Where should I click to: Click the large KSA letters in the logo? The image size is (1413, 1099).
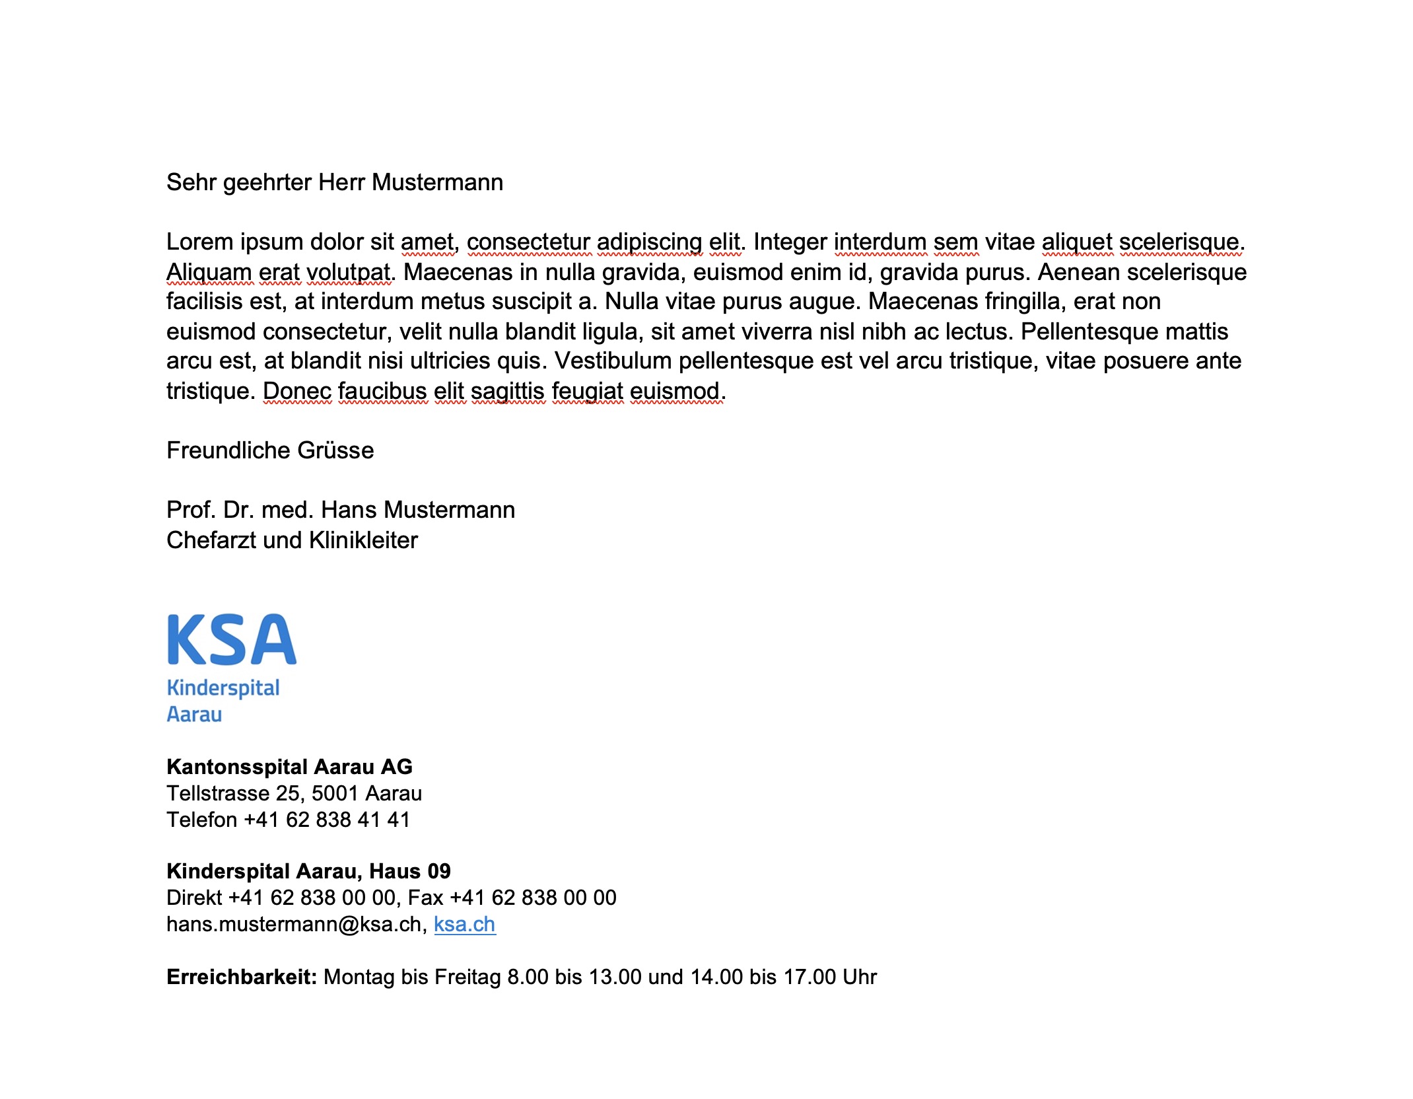click(x=232, y=639)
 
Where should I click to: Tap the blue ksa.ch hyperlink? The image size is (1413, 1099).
click(x=464, y=924)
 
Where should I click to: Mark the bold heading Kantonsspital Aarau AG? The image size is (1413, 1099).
click(x=289, y=767)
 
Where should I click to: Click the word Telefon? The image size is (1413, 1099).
click(x=201, y=820)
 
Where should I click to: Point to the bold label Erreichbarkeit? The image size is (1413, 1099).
click(x=242, y=977)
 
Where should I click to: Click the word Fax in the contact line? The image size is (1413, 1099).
click(x=425, y=898)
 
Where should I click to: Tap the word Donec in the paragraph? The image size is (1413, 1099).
click(x=297, y=391)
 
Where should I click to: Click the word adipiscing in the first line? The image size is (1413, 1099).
click(x=649, y=242)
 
